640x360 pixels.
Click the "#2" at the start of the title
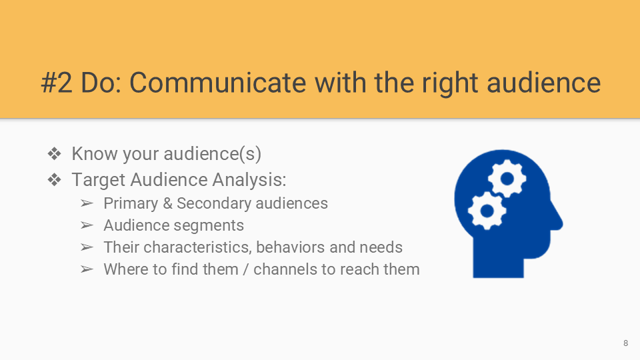coord(57,83)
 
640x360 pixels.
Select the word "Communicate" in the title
coord(217,83)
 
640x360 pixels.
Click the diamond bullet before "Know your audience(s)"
coord(54,154)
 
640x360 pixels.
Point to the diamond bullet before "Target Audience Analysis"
coord(54,179)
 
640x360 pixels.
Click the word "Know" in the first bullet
coord(95,154)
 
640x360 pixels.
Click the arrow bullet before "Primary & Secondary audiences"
coord(87,203)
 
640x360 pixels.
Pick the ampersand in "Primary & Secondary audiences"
coord(167,203)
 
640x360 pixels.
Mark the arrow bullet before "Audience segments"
coord(87,225)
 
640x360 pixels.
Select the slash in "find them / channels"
coord(246,269)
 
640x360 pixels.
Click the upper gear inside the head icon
coord(507,179)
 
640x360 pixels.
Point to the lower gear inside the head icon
coord(487,211)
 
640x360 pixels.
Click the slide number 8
coord(626,343)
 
